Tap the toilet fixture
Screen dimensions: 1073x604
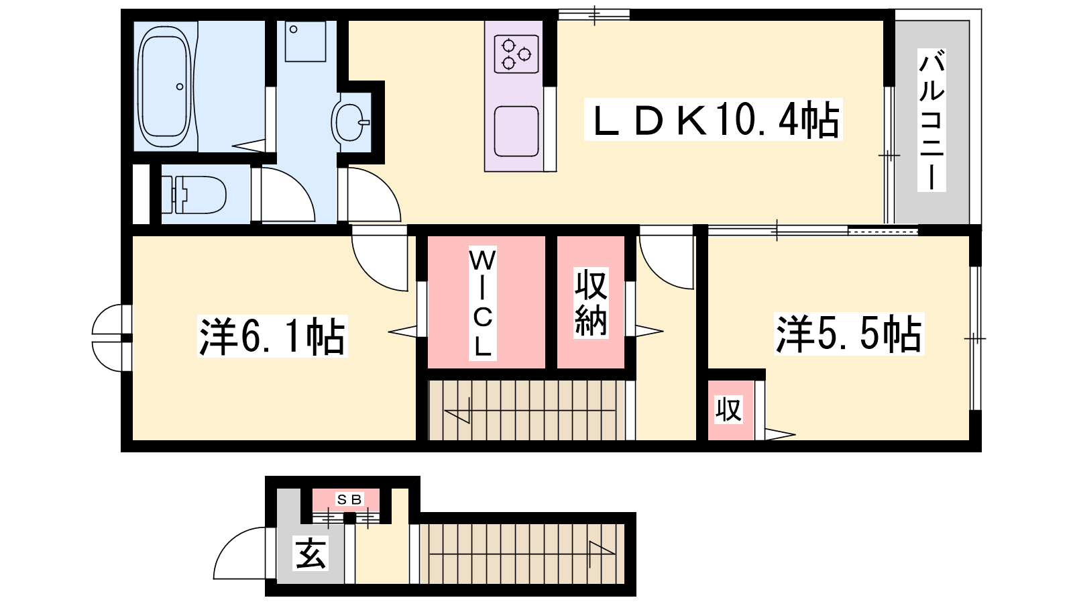click(194, 195)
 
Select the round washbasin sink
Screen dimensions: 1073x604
click(350, 122)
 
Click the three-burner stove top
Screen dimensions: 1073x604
click(516, 54)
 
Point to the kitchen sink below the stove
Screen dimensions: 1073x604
click(516, 132)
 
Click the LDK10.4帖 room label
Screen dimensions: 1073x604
click(714, 119)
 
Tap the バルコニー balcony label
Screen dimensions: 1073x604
click(931, 120)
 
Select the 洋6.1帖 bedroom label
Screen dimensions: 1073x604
click(272, 336)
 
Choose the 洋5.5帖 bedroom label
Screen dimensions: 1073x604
click(849, 334)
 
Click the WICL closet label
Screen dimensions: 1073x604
click(482, 303)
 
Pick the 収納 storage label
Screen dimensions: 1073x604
click(591, 303)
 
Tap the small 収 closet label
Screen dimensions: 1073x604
click(728, 409)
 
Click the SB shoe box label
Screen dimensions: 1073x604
click(349, 499)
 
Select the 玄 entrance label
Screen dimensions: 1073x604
click(310, 554)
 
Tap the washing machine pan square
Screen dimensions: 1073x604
click(305, 41)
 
